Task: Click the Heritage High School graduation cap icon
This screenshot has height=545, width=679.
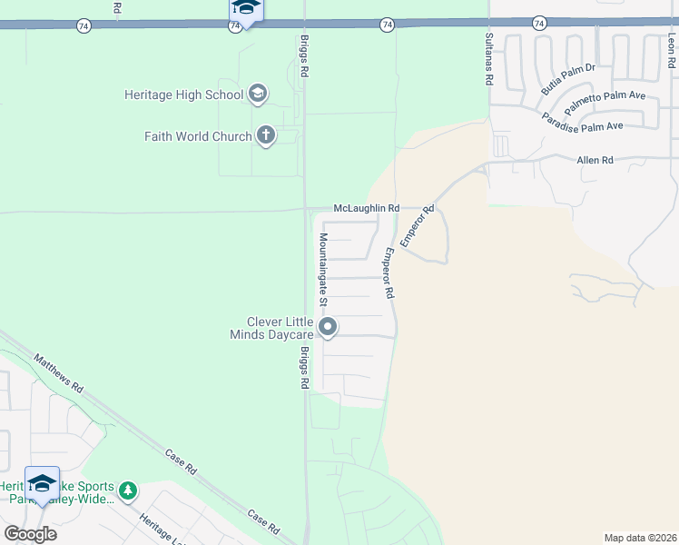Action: [257, 94]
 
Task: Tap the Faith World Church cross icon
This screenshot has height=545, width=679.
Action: [266, 136]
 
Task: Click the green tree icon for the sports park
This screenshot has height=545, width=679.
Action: [128, 491]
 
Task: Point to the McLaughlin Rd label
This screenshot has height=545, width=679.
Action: [367, 208]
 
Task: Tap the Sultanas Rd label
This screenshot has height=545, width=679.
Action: [488, 58]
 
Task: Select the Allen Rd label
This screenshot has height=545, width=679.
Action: [595, 160]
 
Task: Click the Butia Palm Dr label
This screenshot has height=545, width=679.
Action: [567, 79]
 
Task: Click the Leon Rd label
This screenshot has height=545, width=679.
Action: [671, 52]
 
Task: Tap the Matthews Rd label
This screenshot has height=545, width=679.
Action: [58, 373]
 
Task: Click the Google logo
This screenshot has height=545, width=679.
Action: [30, 533]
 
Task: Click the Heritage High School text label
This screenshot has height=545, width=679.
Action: [184, 94]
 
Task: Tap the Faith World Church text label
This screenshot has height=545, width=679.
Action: [197, 136]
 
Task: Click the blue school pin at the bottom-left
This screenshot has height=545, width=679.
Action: [42, 483]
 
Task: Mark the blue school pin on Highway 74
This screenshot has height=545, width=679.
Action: [245, 9]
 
